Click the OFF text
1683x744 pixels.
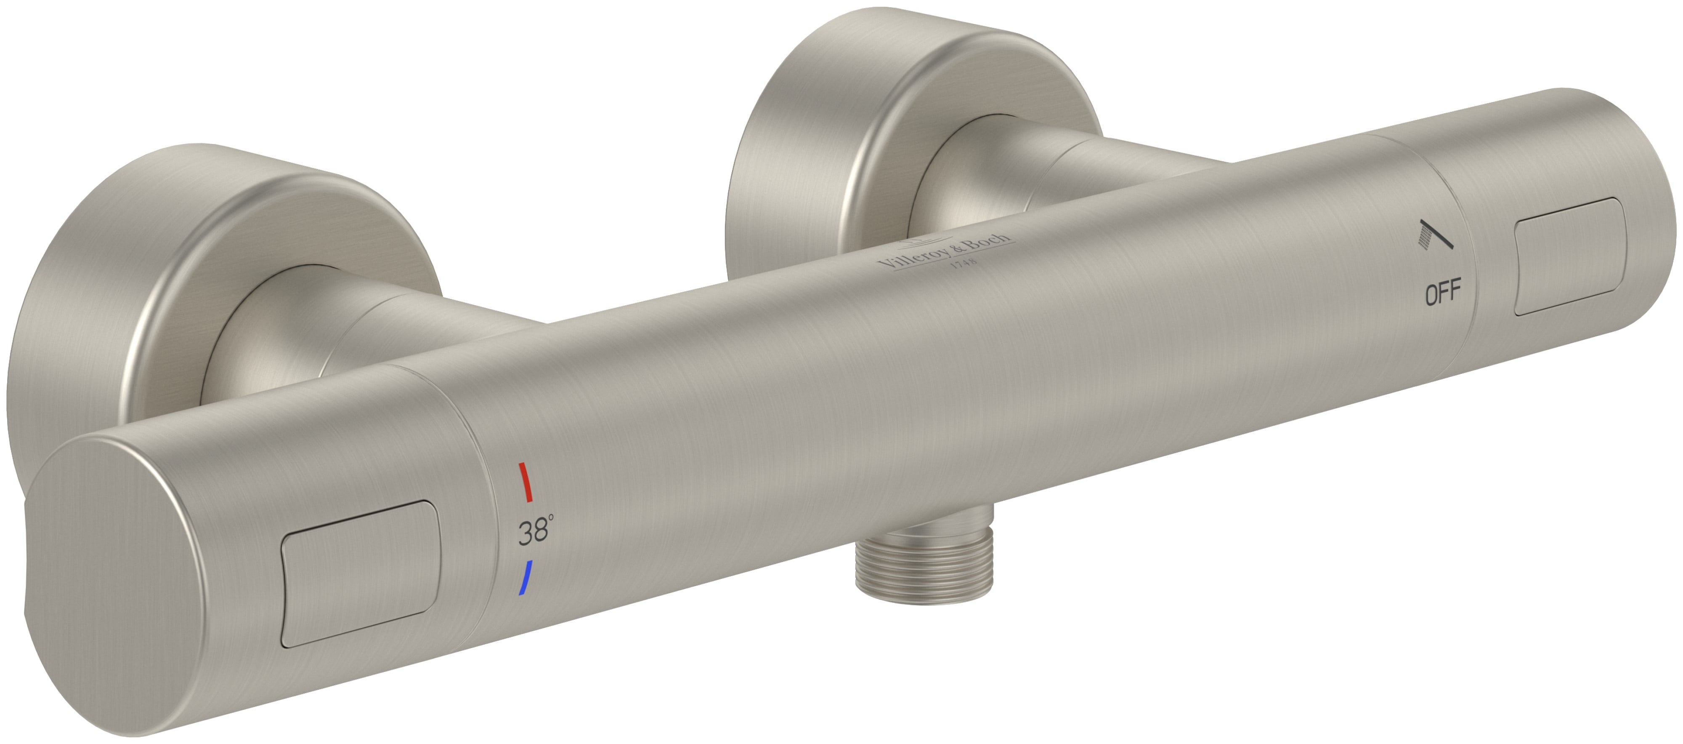[1443, 293]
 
